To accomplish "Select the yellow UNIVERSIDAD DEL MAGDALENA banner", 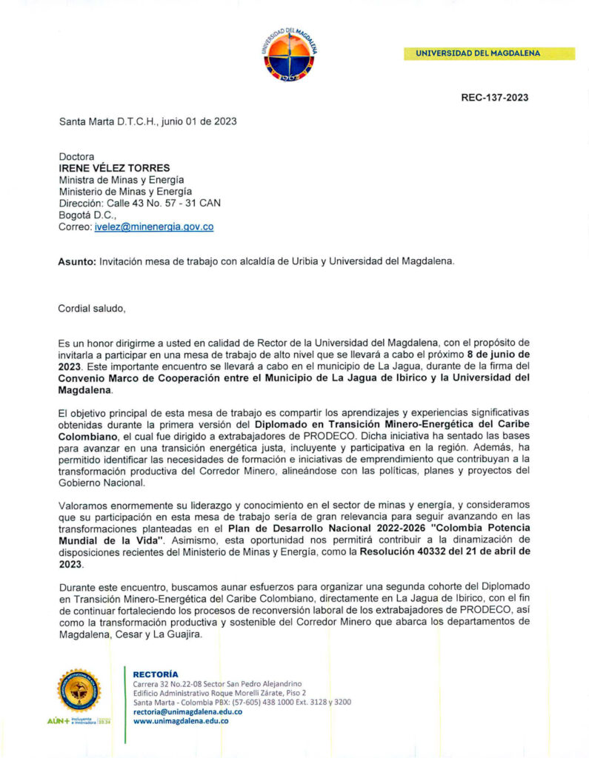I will (x=489, y=53).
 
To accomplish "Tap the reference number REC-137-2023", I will (x=494, y=98).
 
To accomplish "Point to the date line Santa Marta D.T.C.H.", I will (x=147, y=121).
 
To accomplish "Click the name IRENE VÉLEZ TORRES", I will (x=114, y=168).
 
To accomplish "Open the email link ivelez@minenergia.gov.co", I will (x=153, y=227).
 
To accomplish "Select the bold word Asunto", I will (x=77, y=261).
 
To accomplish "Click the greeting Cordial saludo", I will (x=92, y=308).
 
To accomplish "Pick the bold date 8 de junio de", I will (x=493, y=355).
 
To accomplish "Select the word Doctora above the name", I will (x=77, y=156).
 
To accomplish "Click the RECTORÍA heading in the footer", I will (x=156, y=674).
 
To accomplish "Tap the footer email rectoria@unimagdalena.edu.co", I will (x=187, y=711).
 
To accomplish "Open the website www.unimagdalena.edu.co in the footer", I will (x=180, y=720).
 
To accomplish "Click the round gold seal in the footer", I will (x=79, y=689).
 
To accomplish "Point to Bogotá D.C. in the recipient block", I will (x=87, y=215).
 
